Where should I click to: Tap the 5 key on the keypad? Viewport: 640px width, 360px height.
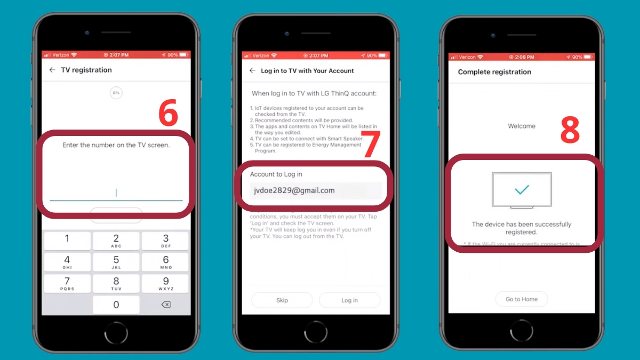tap(116, 262)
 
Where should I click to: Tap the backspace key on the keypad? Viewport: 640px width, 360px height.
tap(165, 305)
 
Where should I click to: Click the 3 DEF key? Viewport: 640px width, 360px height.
tap(165, 241)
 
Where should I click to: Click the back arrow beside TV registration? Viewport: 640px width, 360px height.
tap(52, 70)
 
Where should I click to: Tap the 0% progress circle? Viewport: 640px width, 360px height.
tap(116, 93)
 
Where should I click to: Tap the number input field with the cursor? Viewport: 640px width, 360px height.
tap(116, 193)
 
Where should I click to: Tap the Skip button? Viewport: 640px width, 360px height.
tap(282, 300)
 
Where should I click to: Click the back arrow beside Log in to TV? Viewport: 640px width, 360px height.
tap(252, 70)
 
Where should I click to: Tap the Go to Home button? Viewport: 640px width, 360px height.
tap(521, 299)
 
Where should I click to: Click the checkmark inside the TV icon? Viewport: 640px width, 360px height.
tap(522, 189)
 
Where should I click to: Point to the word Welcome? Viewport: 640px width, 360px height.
tap(521, 126)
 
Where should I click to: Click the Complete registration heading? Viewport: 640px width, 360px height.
tap(494, 72)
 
